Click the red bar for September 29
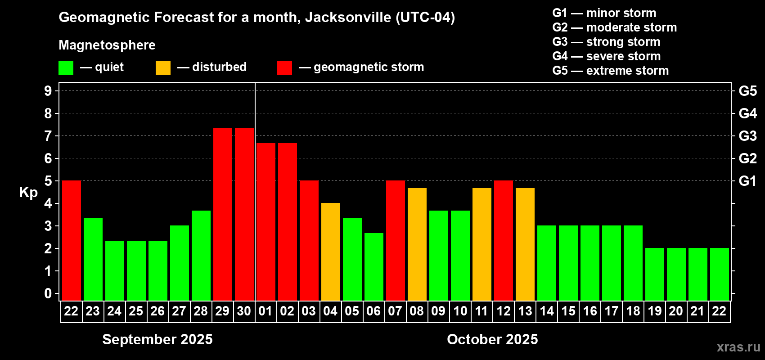click(x=223, y=214)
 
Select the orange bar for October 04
click(x=331, y=252)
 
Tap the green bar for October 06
click(x=374, y=266)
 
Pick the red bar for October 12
click(x=504, y=240)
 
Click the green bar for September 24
click(x=115, y=270)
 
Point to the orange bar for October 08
click(x=417, y=244)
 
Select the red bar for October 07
click(x=396, y=240)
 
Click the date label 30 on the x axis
click(x=244, y=311)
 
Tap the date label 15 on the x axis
click(x=568, y=311)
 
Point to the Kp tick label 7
click(x=48, y=136)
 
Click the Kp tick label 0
click(x=48, y=294)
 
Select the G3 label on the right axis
click(x=747, y=136)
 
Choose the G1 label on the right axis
click(x=747, y=181)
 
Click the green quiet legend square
click(x=66, y=68)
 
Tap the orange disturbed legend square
click(x=163, y=68)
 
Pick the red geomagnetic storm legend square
click(x=284, y=68)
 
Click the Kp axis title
click(x=28, y=193)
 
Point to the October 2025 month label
click(x=492, y=339)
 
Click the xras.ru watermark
click(x=738, y=347)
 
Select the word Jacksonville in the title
click(x=348, y=17)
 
